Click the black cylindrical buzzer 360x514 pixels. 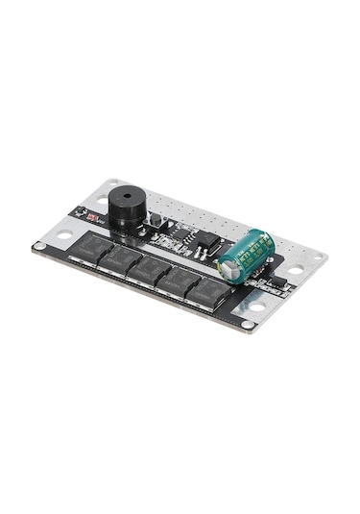coord(123,210)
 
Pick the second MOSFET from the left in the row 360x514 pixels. coord(122,261)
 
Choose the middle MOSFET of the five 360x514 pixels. coord(152,271)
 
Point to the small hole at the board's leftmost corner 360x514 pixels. coord(37,247)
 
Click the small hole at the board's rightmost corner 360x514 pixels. coord(320,257)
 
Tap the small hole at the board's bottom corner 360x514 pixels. coord(249,326)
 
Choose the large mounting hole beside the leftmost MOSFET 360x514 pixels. coord(62,235)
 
